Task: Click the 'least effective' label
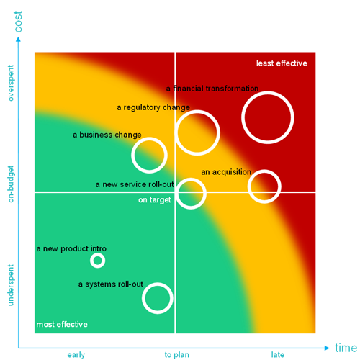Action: click(282, 63)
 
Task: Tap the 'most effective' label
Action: click(62, 324)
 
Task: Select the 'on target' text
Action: click(155, 199)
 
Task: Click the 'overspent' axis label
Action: click(11, 83)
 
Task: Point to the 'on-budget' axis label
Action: click(11, 184)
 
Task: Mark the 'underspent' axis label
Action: click(11, 285)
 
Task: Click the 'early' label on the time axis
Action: click(76, 355)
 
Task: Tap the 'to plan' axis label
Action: click(177, 355)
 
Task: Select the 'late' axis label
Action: click(278, 354)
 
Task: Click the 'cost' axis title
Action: click(18, 22)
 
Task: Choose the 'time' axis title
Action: click(346, 348)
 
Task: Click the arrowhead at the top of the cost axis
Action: click(18, 39)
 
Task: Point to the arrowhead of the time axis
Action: click(327, 348)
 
